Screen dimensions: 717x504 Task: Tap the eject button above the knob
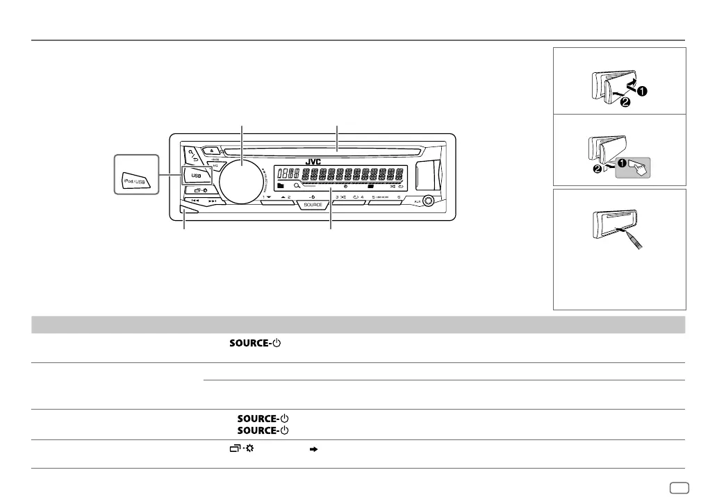[211, 149]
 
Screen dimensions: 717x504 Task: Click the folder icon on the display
[280, 186]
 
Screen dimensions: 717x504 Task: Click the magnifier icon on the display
[297, 186]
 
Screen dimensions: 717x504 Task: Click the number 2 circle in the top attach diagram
[625, 103]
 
